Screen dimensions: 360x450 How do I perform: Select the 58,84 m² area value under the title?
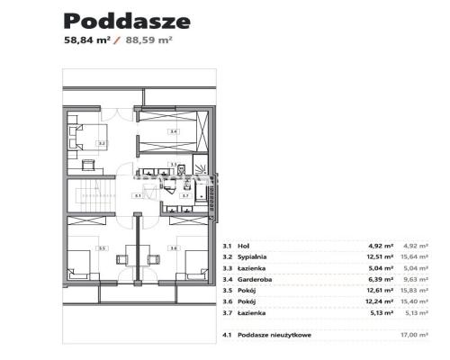(85, 41)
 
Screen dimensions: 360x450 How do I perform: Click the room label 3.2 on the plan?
(102, 143)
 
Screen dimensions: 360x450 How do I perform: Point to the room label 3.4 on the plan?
(174, 132)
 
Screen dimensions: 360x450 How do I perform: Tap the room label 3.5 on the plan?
(102, 248)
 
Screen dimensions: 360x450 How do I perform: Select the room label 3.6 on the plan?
(173, 248)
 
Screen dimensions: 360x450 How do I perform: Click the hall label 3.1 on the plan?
(137, 194)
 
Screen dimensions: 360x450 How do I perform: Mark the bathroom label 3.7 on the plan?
(185, 194)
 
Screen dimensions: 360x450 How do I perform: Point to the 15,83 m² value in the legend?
(411, 289)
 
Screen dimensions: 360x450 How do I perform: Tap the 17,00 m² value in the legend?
(411, 334)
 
